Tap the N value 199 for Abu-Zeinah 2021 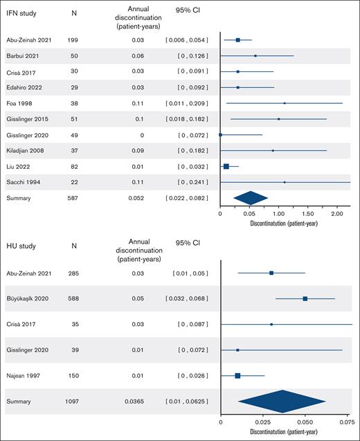click(x=73, y=40)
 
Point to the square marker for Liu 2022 click(x=226, y=166)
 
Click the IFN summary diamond click(x=251, y=199)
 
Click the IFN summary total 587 click(x=73, y=199)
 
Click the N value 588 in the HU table click(x=73, y=298)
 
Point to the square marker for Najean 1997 click(x=237, y=375)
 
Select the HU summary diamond click(x=281, y=402)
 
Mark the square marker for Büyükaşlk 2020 click(x=305, y=298)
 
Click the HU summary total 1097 click(x=73, y=402)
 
